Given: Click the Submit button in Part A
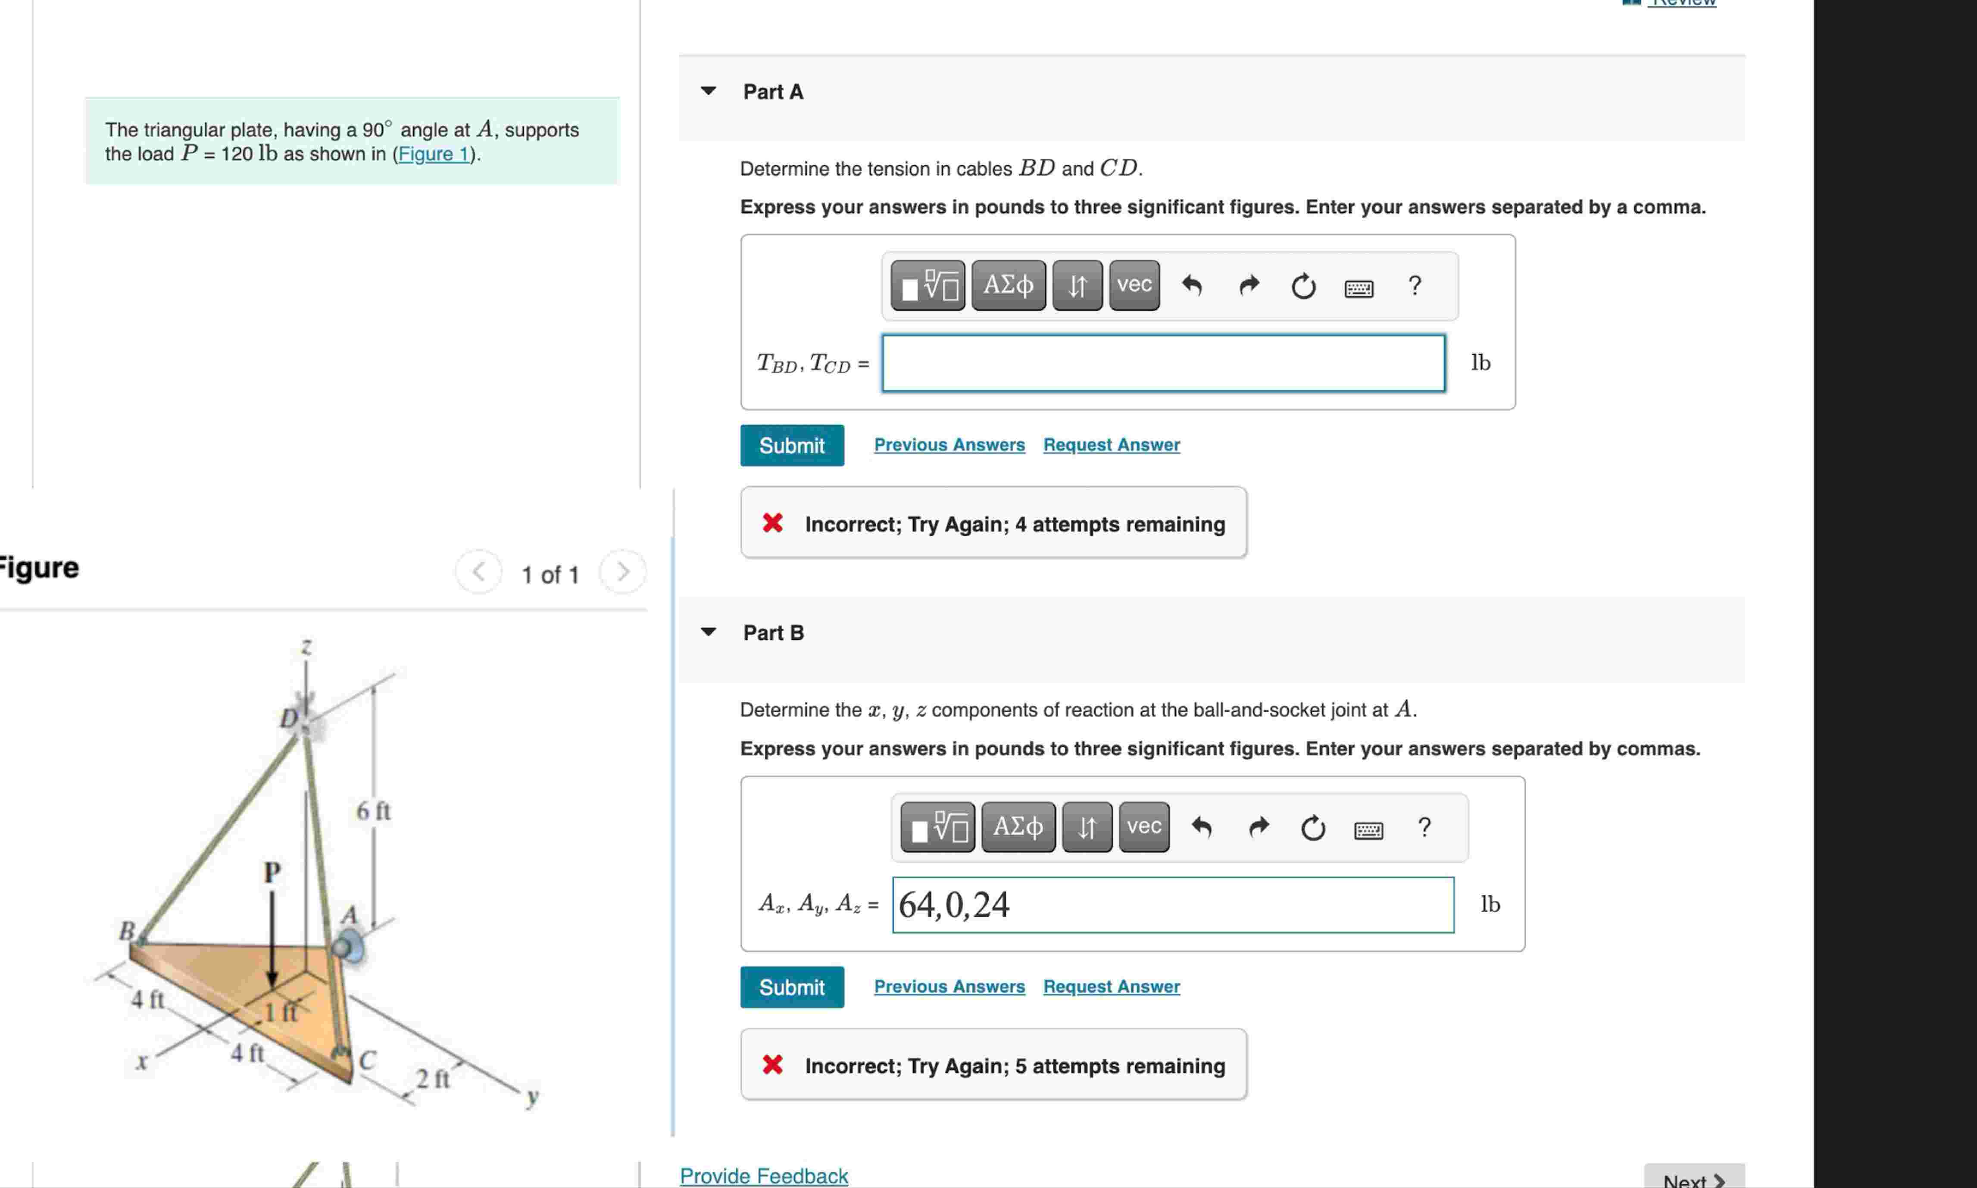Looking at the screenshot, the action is coord(792,445).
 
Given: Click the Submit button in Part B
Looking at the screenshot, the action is coord(792,987).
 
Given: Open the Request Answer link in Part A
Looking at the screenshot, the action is coord(1111,445).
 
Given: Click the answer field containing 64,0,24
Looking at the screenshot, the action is coord(1173,905).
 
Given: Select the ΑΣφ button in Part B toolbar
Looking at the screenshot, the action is coord(1018,826).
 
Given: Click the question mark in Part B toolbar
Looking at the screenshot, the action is coord(1424,827).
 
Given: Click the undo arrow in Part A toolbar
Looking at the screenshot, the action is coord(1192,285).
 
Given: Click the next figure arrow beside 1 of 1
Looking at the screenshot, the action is coord(623,572).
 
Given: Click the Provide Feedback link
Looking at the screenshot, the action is coord(764,1175).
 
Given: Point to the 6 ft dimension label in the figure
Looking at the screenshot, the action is coord(373,811).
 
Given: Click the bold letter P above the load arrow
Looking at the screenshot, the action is coord(272,871).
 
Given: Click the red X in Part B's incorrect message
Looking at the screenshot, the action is coord(772,1065).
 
